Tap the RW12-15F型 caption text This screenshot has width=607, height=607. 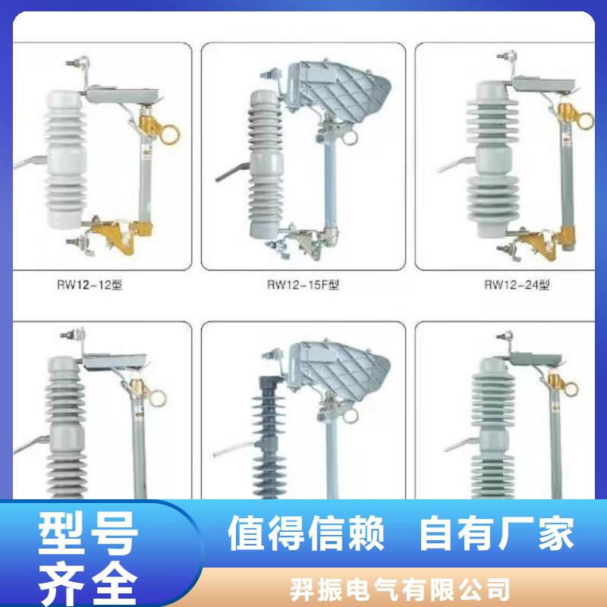[302, 286]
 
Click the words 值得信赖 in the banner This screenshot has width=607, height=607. [307, 532]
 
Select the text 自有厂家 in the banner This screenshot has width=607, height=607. [497, 532]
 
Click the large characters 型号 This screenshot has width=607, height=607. [89, 532]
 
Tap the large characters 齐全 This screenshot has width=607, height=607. [89, 578]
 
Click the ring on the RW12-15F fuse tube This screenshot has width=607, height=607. [348, 138]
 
